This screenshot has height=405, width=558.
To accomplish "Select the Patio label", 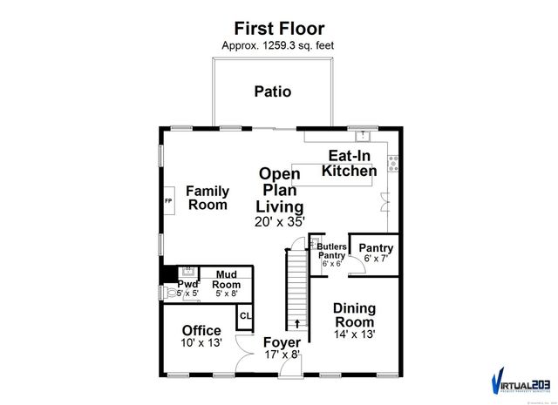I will point(273,91).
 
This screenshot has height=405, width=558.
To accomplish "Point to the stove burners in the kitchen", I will point(393,162).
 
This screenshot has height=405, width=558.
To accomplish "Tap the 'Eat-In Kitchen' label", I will point(350,164).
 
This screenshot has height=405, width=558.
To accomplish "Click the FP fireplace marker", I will point(169,201).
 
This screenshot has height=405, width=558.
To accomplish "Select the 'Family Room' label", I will point(208,198).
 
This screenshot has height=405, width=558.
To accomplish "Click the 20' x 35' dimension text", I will point(280,222).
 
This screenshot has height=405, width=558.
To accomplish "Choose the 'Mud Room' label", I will point(227,280).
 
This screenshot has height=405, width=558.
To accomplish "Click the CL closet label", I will point(245,316).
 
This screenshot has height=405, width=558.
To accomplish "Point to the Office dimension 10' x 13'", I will point(201,344).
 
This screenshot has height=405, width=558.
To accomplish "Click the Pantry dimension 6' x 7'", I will point(376,259).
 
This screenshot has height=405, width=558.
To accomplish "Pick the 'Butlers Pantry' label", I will point(330,251).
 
